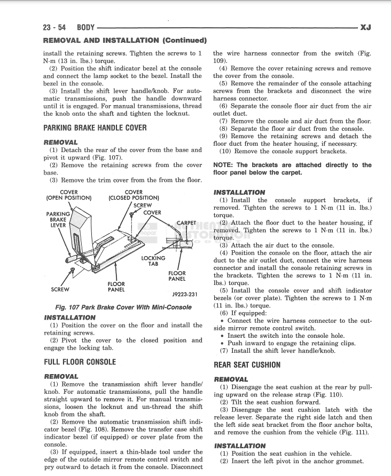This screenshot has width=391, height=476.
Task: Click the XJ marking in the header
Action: coord(366,27)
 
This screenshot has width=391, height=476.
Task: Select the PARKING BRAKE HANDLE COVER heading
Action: coord(95,128)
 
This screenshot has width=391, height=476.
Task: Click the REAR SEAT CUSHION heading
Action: coord(247,365)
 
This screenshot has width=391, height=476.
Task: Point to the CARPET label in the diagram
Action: coord(186,223)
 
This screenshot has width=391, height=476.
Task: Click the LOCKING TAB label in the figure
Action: coord(153,261)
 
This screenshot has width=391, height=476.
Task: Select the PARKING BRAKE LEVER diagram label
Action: coord(58,219)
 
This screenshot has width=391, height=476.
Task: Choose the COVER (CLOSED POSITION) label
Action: coord(134,195)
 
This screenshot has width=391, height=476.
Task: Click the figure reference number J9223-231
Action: coord(185,294)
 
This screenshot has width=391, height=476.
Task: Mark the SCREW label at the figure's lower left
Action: coord(60,290)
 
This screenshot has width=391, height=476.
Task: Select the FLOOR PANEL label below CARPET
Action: coord(177,276)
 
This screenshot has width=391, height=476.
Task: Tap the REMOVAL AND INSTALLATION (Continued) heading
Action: coord(124,40)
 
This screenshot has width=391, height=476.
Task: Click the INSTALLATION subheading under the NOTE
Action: coord(239,192)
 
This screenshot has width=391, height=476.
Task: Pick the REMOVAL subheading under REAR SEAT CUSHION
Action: coord(231,379)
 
